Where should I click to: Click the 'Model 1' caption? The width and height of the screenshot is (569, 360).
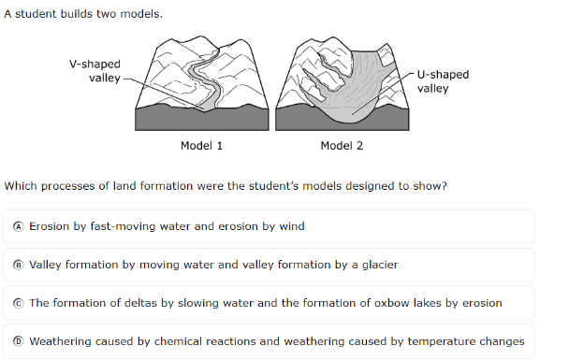201,146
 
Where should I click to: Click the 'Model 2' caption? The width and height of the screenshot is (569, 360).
342,146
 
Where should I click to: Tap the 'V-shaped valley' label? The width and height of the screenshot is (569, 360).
95,71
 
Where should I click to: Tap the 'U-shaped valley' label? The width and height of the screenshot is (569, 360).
443,81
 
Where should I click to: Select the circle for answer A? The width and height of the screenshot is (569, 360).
18,226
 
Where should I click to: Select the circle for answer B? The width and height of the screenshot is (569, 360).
18,265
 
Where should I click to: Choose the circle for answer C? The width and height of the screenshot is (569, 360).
18,303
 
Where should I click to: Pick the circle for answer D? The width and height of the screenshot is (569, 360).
18,341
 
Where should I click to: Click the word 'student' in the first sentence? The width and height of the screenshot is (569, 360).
36,14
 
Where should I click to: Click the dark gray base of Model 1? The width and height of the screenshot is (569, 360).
202,119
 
